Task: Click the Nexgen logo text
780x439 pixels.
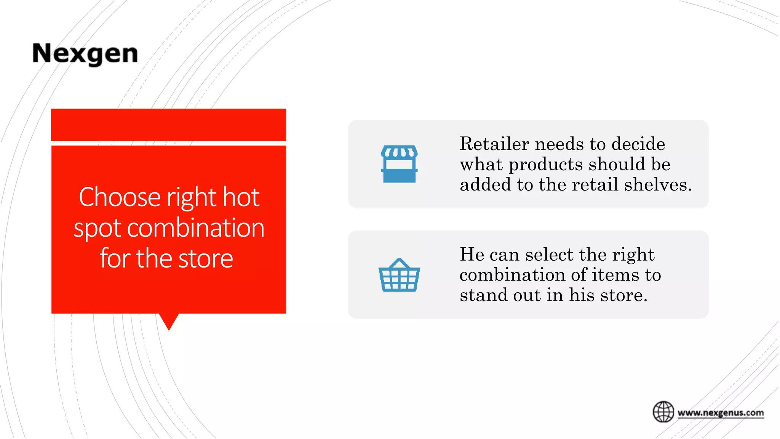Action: (85, 54)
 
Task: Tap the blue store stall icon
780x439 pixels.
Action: (399, 164)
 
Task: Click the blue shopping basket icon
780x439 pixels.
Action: (399, 275)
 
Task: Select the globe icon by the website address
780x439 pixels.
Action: (663, 412)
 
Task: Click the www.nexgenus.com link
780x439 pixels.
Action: (721, 413)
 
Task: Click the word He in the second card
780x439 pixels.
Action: (471, 255)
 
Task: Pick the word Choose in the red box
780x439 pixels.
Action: (120, 197)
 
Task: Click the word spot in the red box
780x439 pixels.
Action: (97, 229)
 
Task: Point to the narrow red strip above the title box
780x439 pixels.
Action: (168, 125)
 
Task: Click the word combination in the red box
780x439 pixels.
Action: (195, 229)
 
